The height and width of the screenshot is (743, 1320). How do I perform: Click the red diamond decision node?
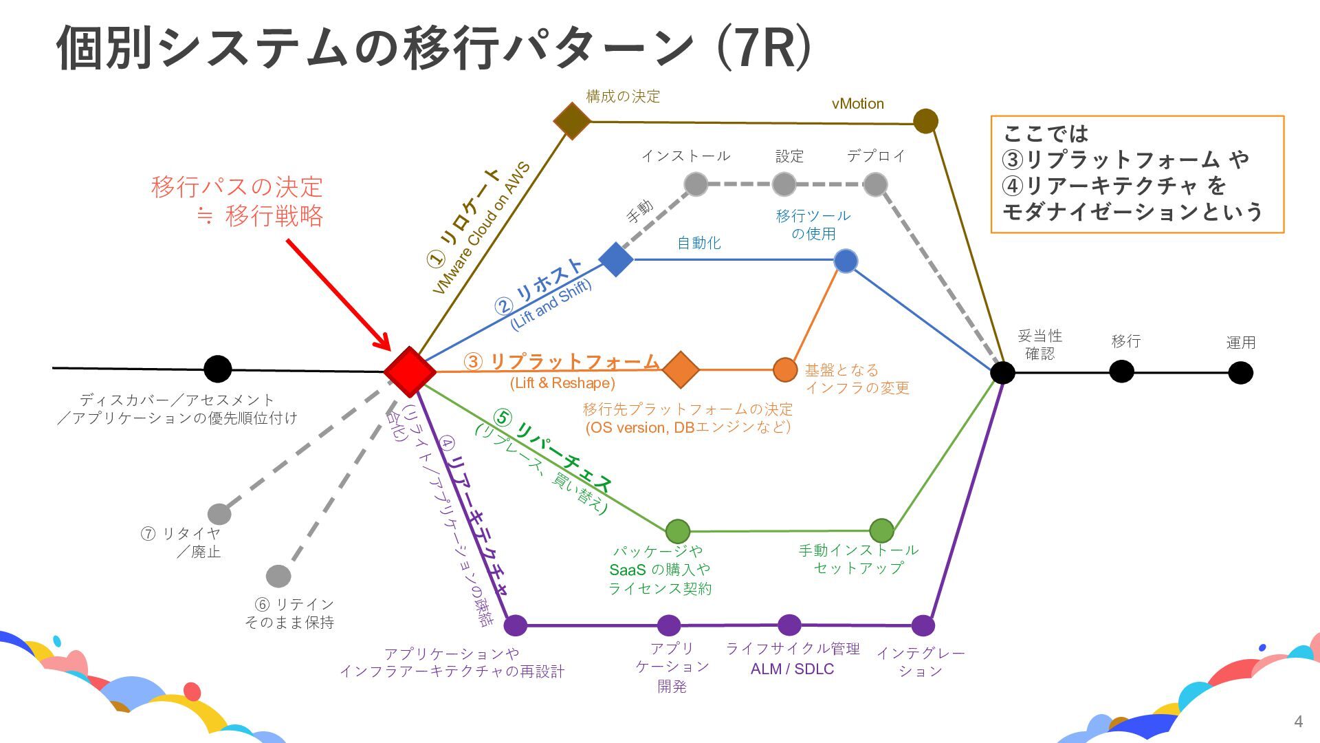click(410, 371)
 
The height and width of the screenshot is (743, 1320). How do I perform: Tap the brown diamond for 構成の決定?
click(572, 121)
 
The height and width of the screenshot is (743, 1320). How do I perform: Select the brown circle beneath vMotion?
click(925, 122)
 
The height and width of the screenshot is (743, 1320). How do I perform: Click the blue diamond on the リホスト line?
click(616, 259)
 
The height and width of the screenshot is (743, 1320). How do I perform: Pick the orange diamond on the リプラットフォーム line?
click(681, 369)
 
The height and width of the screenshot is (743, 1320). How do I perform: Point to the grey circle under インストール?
click(696, 184)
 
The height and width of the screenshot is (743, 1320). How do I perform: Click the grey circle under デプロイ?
click(874, 184)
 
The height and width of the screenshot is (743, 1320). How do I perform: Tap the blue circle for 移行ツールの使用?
click(846, 261)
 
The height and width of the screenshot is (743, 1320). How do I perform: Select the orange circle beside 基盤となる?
click(785, 369)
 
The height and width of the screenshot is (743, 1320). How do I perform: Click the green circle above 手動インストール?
click(881, 530)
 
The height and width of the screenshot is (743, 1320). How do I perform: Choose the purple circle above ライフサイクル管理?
click(789, 625)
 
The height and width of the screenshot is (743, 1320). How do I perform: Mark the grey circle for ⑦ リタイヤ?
click(219, 513)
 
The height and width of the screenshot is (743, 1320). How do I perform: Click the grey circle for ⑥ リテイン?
click(278, 576)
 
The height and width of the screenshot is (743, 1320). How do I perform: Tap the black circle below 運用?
click(1240, 373)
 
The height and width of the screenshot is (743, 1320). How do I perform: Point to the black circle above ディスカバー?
click(217, 369)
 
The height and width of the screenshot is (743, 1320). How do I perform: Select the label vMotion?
click(857, 104)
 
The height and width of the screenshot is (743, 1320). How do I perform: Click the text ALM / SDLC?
click(792, 669)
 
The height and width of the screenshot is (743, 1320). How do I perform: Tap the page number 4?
click(1298, 721)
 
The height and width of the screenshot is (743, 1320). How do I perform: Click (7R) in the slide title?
click(764, 48)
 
